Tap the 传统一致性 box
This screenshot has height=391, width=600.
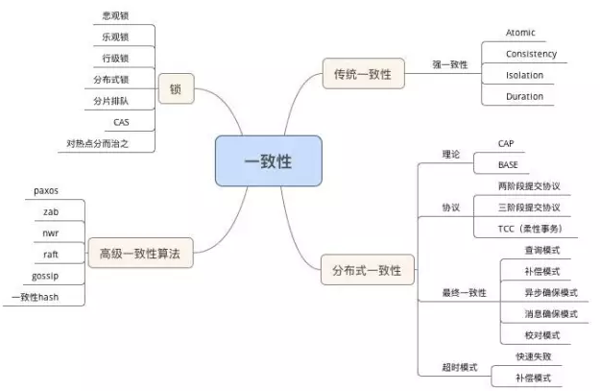coord(362,74)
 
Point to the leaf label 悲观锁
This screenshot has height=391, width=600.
coord(115,16)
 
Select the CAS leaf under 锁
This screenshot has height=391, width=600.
coord(121,122)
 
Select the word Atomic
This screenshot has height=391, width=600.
coord(520,33)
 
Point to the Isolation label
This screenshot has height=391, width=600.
coord(524,75)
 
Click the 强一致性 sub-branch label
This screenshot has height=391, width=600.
coord(450,64)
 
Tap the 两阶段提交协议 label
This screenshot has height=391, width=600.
coord(529,185)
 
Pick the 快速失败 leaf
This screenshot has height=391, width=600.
coord(532,356)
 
